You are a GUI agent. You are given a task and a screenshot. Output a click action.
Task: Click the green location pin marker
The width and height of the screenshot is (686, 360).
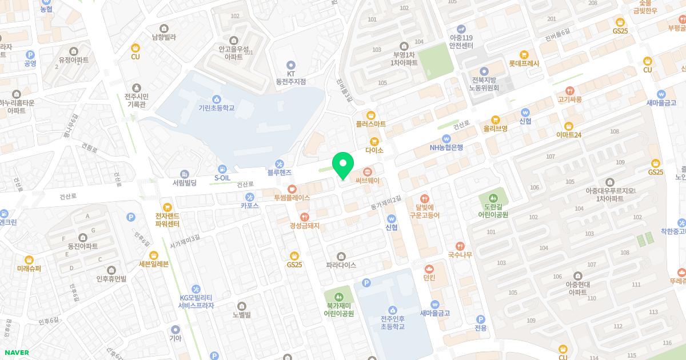342,166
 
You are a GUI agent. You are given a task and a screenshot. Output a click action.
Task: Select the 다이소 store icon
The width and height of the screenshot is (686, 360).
374,141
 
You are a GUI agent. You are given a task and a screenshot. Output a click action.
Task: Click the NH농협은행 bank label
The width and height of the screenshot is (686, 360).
446,147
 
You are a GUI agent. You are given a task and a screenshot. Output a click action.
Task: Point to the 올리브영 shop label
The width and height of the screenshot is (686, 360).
495,129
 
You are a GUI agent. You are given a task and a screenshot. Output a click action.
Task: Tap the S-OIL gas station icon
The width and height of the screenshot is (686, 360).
222,169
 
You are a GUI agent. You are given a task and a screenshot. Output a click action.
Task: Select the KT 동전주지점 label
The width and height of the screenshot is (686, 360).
290,78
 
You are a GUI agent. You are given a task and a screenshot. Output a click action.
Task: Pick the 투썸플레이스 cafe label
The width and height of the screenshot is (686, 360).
292,197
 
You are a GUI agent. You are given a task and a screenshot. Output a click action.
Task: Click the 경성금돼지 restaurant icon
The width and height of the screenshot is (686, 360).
304,217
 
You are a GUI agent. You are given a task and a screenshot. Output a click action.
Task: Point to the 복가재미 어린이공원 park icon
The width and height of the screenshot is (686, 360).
338,297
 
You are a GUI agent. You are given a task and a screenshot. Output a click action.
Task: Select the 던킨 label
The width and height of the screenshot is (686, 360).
429,278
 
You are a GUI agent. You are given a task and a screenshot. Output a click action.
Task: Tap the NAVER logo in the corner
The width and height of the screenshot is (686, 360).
17,353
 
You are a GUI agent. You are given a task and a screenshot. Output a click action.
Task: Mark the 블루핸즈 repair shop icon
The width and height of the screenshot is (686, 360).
280,163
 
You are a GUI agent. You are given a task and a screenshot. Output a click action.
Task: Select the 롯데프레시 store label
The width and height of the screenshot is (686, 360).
524,64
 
